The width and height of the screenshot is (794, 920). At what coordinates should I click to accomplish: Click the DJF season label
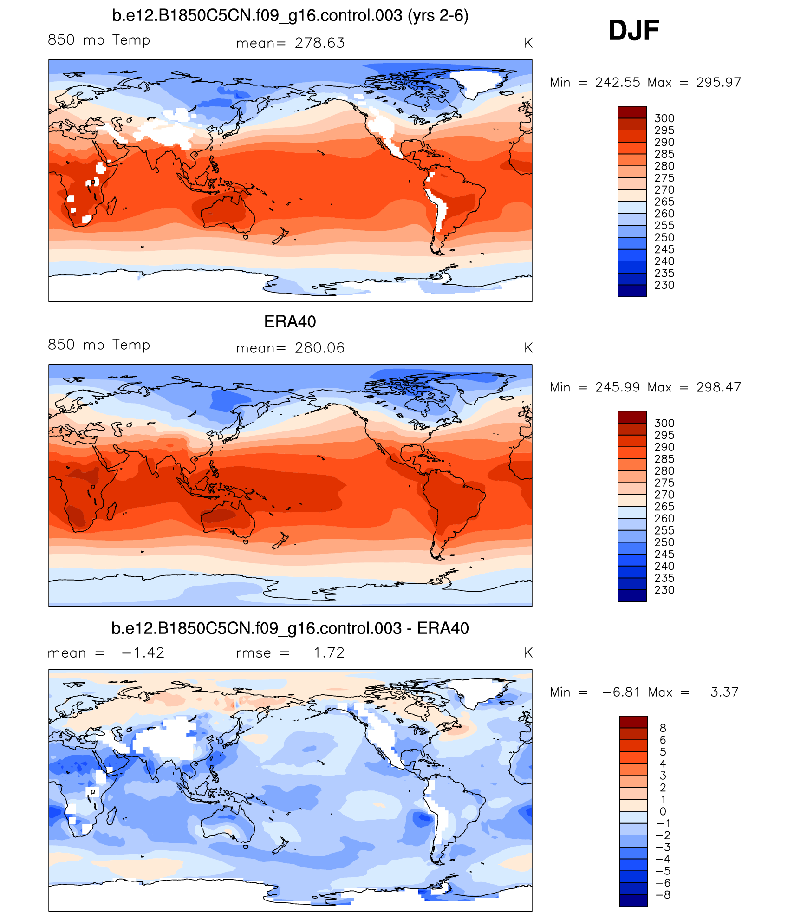[633, 31]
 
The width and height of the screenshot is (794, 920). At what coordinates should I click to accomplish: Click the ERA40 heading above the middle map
[290, 321]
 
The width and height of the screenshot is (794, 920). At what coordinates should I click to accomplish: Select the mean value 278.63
[319, 43]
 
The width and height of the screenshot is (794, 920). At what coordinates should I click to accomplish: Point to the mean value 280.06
[319, 348]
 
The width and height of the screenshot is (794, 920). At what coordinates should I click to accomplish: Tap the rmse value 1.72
[329, 653]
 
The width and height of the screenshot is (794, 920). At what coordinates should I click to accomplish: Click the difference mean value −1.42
[143, 653]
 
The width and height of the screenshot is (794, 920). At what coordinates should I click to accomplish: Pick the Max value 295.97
[718, 83]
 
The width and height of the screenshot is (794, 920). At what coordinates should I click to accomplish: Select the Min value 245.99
[618, 387]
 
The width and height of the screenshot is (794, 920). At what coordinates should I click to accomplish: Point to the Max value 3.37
[724, 692]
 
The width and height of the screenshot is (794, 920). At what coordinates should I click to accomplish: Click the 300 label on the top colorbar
[664, 118]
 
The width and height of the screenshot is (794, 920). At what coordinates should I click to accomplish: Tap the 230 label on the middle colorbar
[664, 590]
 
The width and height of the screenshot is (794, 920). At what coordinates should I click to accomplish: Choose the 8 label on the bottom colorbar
[663, 728]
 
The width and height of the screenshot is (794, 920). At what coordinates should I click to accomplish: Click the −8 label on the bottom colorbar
[664, 895]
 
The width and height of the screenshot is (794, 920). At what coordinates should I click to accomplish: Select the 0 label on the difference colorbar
[663, 811]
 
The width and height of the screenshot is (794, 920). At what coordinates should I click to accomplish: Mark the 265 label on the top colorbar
[664, 202]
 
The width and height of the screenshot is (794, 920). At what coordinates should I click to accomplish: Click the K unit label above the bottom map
[528, 653]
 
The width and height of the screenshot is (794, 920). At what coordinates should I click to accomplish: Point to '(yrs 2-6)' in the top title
[438, 16]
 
